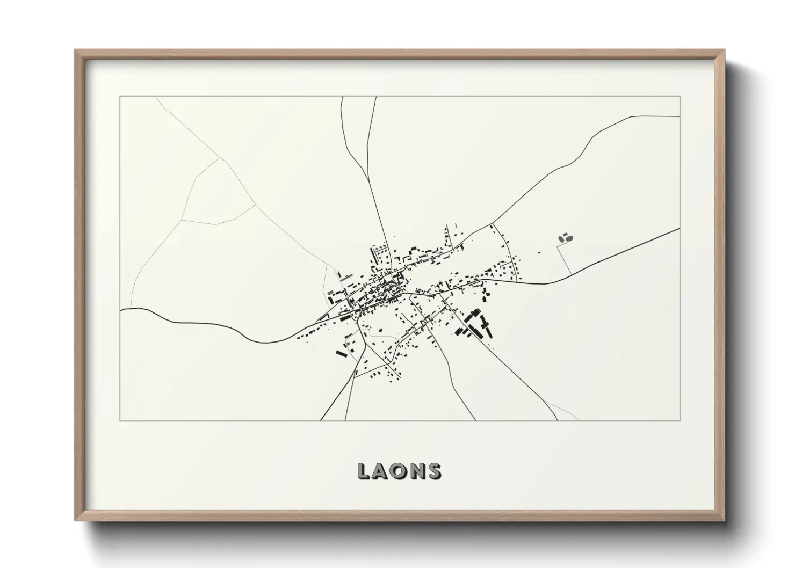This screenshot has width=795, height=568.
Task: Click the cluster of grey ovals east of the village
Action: pos(565,237)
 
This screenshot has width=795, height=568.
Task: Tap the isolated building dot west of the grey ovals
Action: pos(540,252)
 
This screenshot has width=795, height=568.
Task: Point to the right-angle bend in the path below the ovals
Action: pos(558,246)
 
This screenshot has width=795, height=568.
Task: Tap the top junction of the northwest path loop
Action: pos(220,158)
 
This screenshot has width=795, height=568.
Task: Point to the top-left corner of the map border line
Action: pos(120,97)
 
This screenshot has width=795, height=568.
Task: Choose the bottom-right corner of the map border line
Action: pos(680,420)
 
